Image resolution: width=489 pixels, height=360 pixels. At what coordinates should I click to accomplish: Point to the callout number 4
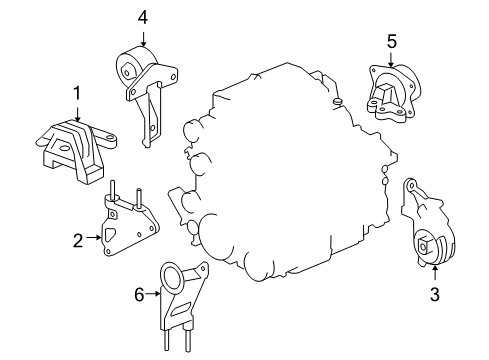[143, 17]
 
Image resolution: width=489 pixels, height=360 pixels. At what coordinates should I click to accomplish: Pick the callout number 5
[393, 41]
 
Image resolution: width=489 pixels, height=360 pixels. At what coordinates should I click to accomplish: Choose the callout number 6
[139, 295]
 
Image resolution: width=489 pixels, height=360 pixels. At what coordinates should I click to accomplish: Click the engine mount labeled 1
[73, 146]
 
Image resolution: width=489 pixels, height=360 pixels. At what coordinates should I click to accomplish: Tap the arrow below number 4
[143, 38]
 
